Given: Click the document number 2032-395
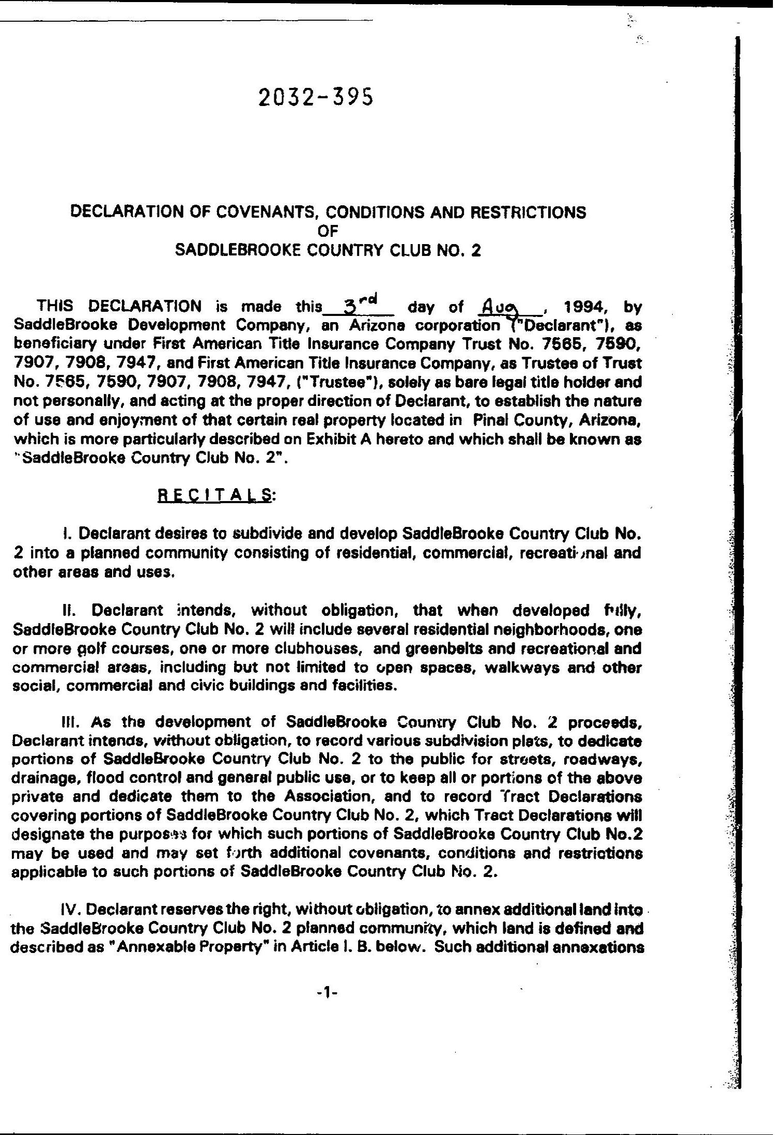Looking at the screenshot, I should [315, 97].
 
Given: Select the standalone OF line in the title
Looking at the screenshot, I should [328, 231].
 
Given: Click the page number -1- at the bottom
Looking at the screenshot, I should [327, 992].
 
